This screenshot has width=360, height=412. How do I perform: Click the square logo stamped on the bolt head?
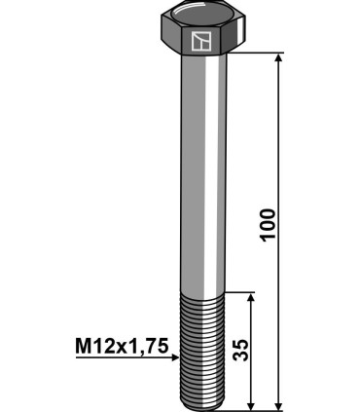point(202,41)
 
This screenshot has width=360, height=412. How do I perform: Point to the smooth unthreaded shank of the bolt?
point(202,175)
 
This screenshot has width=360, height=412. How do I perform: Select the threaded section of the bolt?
point(202,351)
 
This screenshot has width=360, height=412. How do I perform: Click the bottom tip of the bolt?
point(202,406)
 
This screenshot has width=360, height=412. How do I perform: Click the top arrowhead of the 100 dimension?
point(279,60)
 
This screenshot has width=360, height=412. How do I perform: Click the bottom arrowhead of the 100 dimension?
point(279,402)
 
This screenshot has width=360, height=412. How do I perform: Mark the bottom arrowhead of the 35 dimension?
point(252,402)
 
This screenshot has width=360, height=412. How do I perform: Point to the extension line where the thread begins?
point(243,291)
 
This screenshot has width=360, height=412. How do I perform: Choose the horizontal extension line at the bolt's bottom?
point(258,409)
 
